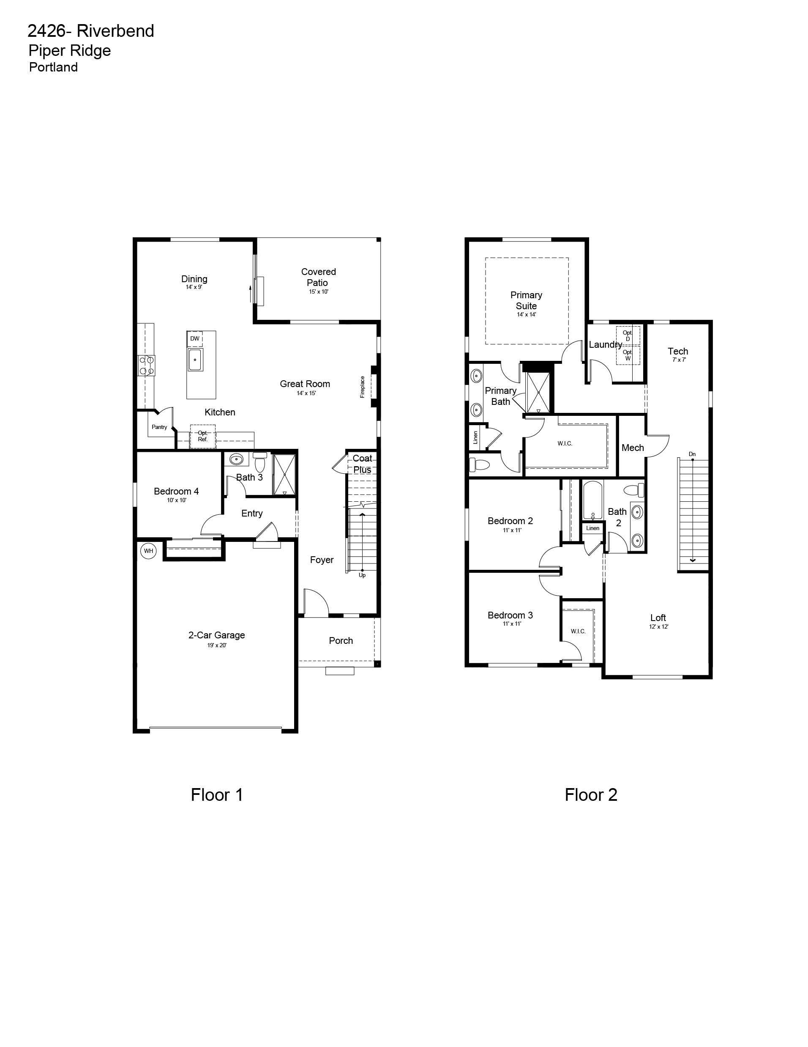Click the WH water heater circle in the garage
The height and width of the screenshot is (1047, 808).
coord(148,551)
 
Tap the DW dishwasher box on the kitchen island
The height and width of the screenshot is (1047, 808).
coord(194,338)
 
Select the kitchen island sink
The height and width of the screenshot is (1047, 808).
coord(195,360)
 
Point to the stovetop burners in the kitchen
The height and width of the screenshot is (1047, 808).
coord(147,365)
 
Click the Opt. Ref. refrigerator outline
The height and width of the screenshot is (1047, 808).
coord(202,436)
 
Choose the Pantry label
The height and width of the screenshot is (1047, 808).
coord(159,427)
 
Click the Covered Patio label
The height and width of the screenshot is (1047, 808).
coord(319,277)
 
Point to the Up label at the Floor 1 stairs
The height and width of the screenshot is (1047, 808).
coord(362,575)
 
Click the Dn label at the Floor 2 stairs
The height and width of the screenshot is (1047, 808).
coord(692,454)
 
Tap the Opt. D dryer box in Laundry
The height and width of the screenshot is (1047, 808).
coord(628,335)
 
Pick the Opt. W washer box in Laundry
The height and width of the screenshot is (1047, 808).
coord(628,355)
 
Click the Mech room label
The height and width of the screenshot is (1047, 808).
coord(633,448)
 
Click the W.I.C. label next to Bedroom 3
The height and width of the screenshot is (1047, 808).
coord(578,631)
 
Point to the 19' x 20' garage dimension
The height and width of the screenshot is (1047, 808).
coord(217,645)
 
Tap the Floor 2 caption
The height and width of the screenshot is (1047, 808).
coord(591,795)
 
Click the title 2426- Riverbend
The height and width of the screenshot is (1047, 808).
coord(91,31)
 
